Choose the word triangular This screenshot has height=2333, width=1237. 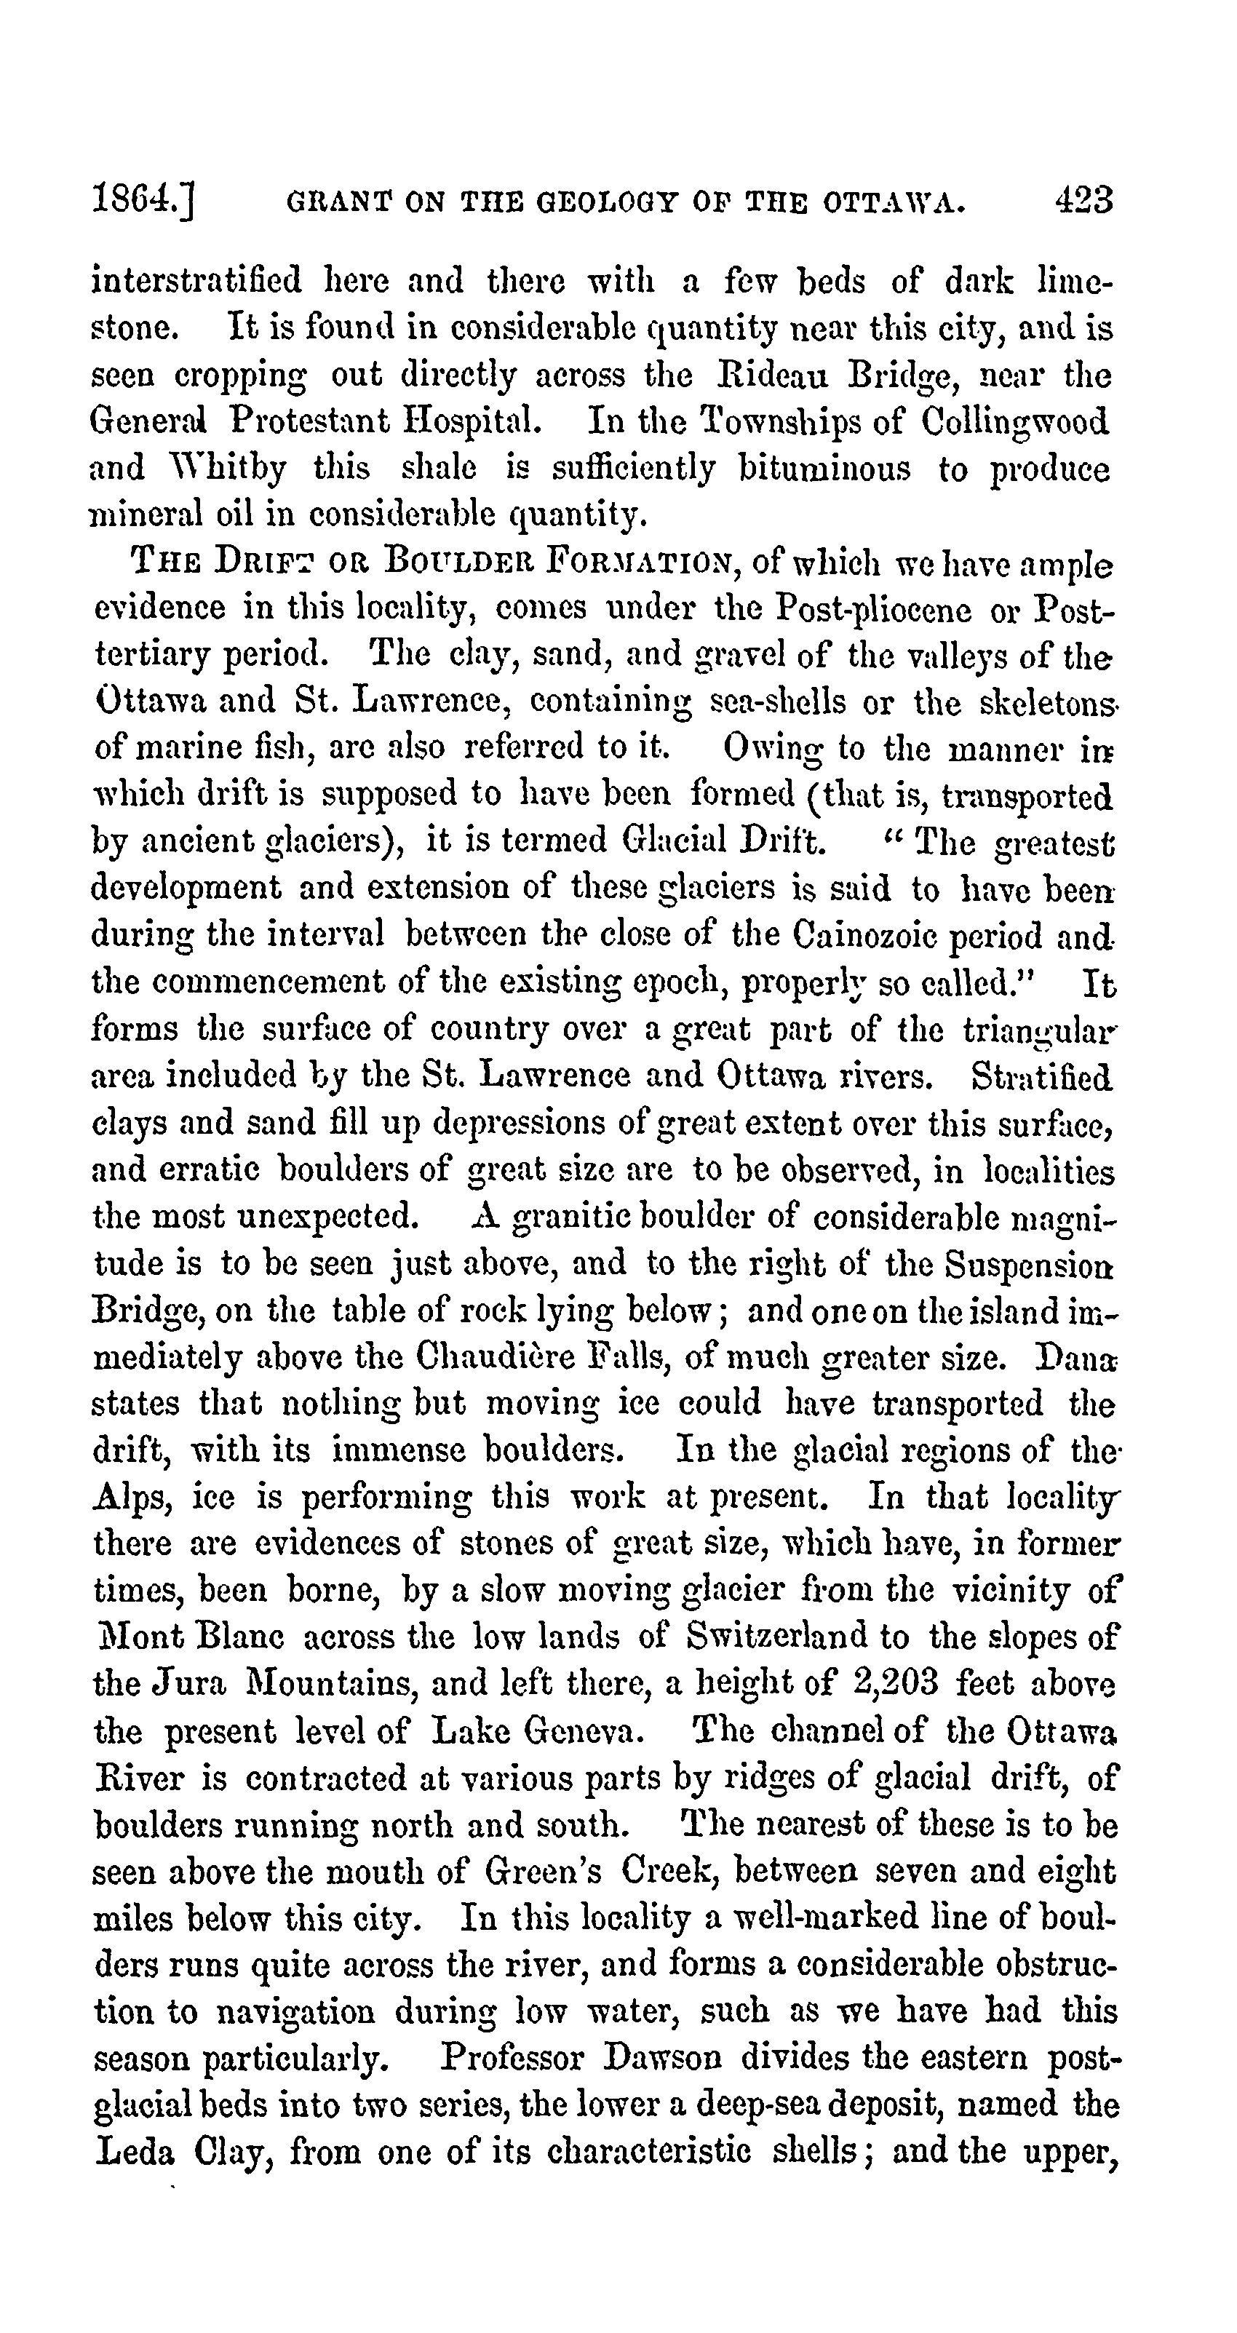point(1040,1030)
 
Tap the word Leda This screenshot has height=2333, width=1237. point(134,2151)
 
